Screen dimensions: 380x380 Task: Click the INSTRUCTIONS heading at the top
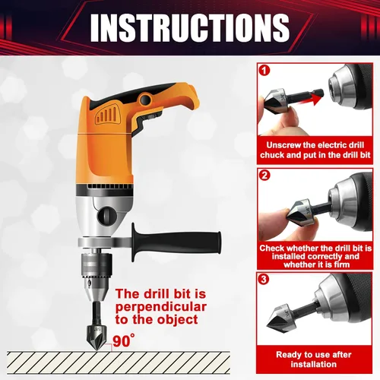[190, 27]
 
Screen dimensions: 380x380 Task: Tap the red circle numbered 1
[264, 71]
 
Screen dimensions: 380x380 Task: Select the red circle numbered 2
[264, 175]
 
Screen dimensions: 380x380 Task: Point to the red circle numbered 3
[264, 279]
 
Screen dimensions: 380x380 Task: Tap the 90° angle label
[124, 340]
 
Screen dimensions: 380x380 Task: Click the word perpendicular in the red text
[161, 307]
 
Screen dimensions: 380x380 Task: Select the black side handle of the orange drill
[176, 242]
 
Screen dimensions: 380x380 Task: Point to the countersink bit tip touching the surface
[97, 350]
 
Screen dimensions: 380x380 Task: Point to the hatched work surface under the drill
[119, 363]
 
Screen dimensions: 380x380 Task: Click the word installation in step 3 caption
[314, 364]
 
